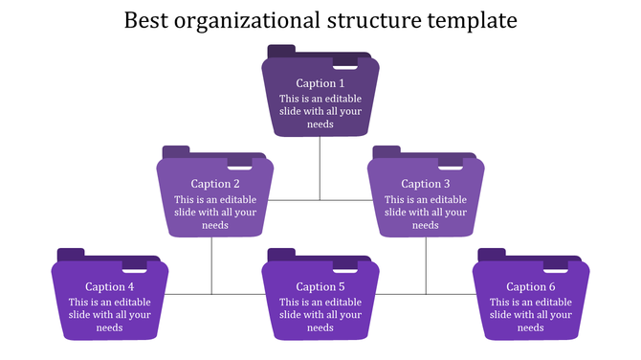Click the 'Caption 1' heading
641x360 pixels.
[x=320, y=83]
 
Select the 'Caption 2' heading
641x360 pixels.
[x=215, y=184]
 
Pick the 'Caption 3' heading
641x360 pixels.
[x=426, y=184]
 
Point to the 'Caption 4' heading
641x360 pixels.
[x=110, y=286]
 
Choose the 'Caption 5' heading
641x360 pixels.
[x=320, y=286]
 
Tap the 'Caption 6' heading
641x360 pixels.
[x=531, y=286]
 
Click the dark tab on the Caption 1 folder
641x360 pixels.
[x=281, y=50]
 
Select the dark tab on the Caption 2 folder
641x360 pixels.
[x=176, y=151]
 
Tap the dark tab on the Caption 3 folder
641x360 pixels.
[x=387, y=151]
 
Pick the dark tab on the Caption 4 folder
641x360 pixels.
[x=71, y=254]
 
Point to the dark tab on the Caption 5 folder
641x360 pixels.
[x=281, y=254]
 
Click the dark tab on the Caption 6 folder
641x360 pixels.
[x=492, y=254]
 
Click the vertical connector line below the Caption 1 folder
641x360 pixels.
[x=320, y=168]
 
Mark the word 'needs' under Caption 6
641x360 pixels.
[x=531, y=327]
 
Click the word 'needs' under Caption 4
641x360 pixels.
[x=110, y=327]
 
